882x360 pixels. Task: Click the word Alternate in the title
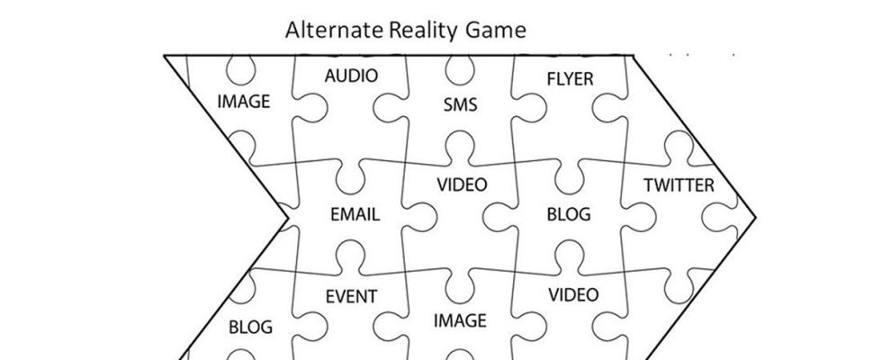point(334,31)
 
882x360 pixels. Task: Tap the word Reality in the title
point(424,31)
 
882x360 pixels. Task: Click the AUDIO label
point(351,76)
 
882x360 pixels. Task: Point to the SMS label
point(460,105)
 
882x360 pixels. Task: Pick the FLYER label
point(570,79)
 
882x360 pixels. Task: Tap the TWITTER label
point(679,186)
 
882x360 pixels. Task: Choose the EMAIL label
point(355,215)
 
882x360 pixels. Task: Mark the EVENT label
point(351,296)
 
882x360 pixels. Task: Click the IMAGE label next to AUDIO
point(243,102)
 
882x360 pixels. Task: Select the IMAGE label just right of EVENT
point(460,320)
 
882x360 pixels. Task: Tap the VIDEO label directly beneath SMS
point(462,185)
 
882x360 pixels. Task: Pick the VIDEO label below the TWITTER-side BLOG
point(573,294)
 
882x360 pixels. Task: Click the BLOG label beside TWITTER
point(569,214)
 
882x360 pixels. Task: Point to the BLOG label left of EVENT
point(250,327)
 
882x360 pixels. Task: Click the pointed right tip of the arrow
point(756,217)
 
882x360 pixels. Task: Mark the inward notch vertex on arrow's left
point(288,217)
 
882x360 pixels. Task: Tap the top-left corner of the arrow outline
point(165,56)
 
